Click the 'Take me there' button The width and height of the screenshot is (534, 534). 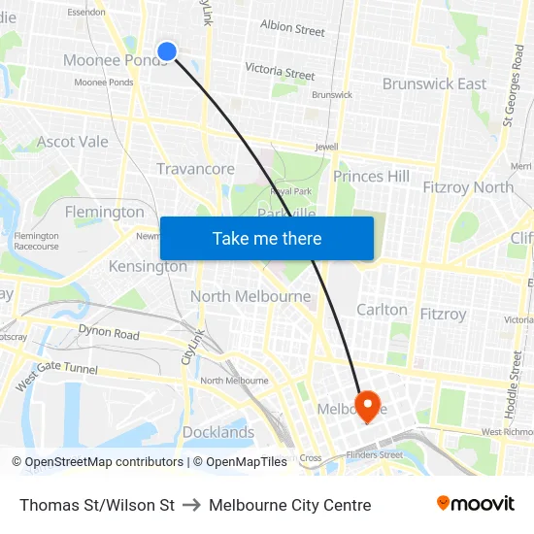click(267, 238)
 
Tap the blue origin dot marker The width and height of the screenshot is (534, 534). click(167, 51)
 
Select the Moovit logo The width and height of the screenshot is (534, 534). click(475, 504)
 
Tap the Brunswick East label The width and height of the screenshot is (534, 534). click(434, 84)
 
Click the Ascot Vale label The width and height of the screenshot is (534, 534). click(73, 142)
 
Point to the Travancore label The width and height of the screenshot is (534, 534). click(195, 169)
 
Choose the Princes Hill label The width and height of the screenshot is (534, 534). click(371, 176)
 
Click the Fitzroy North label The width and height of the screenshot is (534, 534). click(468, 186)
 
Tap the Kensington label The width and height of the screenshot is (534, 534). click(148, 266)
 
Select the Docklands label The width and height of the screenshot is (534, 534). click(218, 432)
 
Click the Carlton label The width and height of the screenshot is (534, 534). click(383, 310)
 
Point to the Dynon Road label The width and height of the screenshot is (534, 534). click(110, 333)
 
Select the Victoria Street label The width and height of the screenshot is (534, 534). click(280, 71)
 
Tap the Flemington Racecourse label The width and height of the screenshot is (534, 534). click(36, 241)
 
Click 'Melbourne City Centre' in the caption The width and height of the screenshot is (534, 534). click(289, 505)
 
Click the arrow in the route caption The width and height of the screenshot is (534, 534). click(191, 505)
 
